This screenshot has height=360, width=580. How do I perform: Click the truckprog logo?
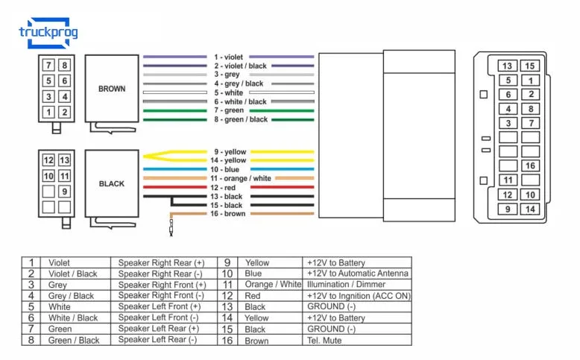[47, 32]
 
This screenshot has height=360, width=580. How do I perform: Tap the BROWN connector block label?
[112, 89]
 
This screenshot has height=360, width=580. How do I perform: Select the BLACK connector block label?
[112, 183]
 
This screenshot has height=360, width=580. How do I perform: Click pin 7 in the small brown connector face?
[48, 65]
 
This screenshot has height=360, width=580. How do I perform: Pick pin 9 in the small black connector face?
[65, 192]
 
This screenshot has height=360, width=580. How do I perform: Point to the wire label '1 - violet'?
[228, 57]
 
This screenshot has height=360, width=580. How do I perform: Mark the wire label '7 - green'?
[228, 110]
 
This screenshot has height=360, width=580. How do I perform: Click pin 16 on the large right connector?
[530, 165]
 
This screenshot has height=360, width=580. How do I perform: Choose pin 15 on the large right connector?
[530, 66]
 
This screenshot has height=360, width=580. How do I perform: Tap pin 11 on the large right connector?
[508, 180]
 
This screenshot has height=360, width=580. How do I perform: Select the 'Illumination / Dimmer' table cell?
[346, 285]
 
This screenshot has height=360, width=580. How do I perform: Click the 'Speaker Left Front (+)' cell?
[160, 307]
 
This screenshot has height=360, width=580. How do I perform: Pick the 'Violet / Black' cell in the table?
[73, 274]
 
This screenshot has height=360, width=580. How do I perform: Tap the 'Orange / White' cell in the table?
[273, 285]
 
